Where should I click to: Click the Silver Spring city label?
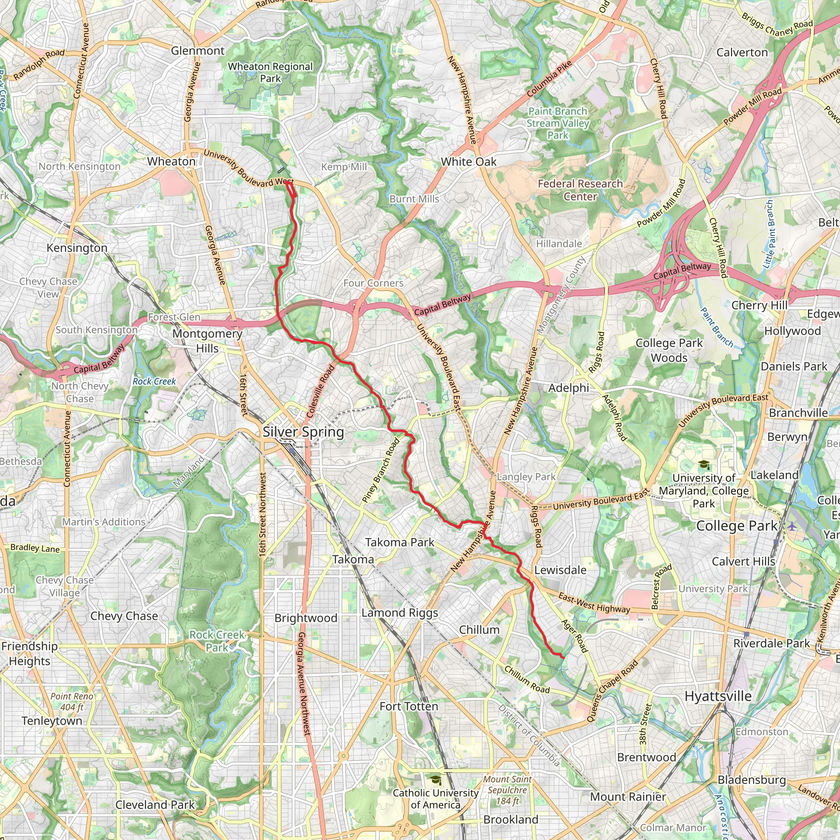click(303, 432)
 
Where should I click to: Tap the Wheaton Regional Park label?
click(270, 73)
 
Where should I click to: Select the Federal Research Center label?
click(580, 190)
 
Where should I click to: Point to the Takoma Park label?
click(399, 542)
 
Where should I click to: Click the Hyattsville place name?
click(718, 696)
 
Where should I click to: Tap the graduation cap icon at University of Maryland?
click(703, 465)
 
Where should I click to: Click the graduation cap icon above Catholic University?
click(435, 780)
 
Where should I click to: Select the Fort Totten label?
click(409, 707)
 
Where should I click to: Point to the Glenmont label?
click(198, 51)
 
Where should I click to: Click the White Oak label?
click(468, 162)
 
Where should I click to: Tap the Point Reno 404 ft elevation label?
click(72, 702)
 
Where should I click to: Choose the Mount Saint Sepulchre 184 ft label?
click(507, 790)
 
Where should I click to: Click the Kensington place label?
click(77, 248)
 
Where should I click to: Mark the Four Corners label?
click(373, 283)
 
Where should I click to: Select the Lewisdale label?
click(560, 570)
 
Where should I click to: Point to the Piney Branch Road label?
click(381, 471)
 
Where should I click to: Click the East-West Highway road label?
click(594, 603)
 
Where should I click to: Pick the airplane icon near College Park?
click(792, 527)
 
